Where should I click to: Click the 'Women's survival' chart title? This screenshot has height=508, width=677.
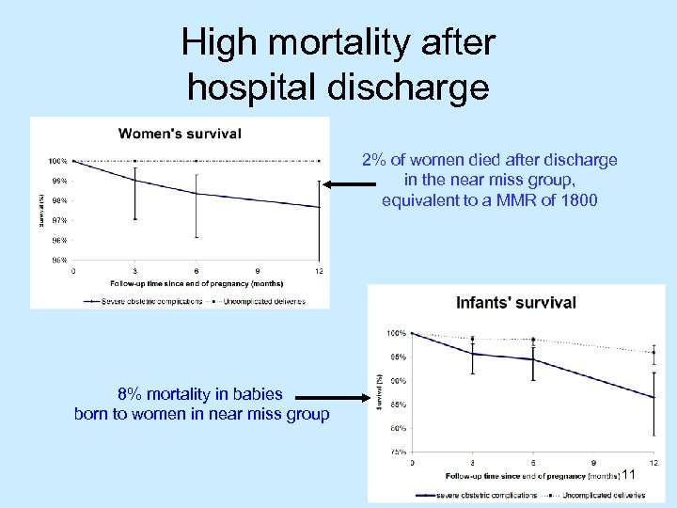coord(179,134)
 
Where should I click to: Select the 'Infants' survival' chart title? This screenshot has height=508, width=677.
coord(516,303)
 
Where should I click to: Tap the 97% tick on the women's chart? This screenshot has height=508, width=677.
coord(58,220)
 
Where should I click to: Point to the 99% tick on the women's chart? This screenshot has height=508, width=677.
coord(58,181)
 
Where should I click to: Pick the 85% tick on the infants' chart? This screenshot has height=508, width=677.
coord(397,405)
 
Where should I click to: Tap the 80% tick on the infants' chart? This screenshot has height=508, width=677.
coord(397,428)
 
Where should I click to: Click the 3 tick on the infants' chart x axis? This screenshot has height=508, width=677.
coord(473,463)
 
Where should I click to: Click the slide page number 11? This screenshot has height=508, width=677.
coord(629,476)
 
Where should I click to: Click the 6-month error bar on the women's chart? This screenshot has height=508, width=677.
coord(197,204)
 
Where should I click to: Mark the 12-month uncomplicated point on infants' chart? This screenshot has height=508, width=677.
coord(653,353)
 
